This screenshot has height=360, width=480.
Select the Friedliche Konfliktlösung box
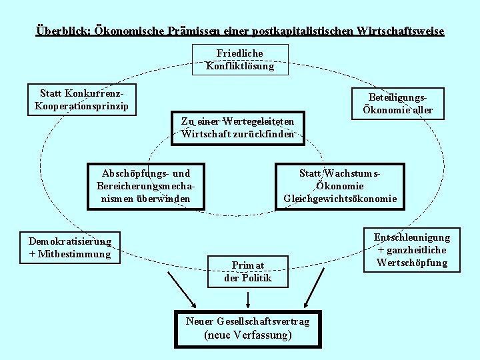240,59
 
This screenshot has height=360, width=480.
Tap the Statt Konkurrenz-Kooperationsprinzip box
82,99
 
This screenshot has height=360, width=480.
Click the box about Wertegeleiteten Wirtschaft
237,127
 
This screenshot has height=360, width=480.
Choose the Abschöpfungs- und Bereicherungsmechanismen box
145,186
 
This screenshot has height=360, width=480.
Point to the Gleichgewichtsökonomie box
340,186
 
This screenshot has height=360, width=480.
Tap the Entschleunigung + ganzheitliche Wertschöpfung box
412,250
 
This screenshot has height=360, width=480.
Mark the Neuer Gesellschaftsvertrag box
247,329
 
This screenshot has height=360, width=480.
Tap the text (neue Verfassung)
248,335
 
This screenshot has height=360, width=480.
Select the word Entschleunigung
412,237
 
